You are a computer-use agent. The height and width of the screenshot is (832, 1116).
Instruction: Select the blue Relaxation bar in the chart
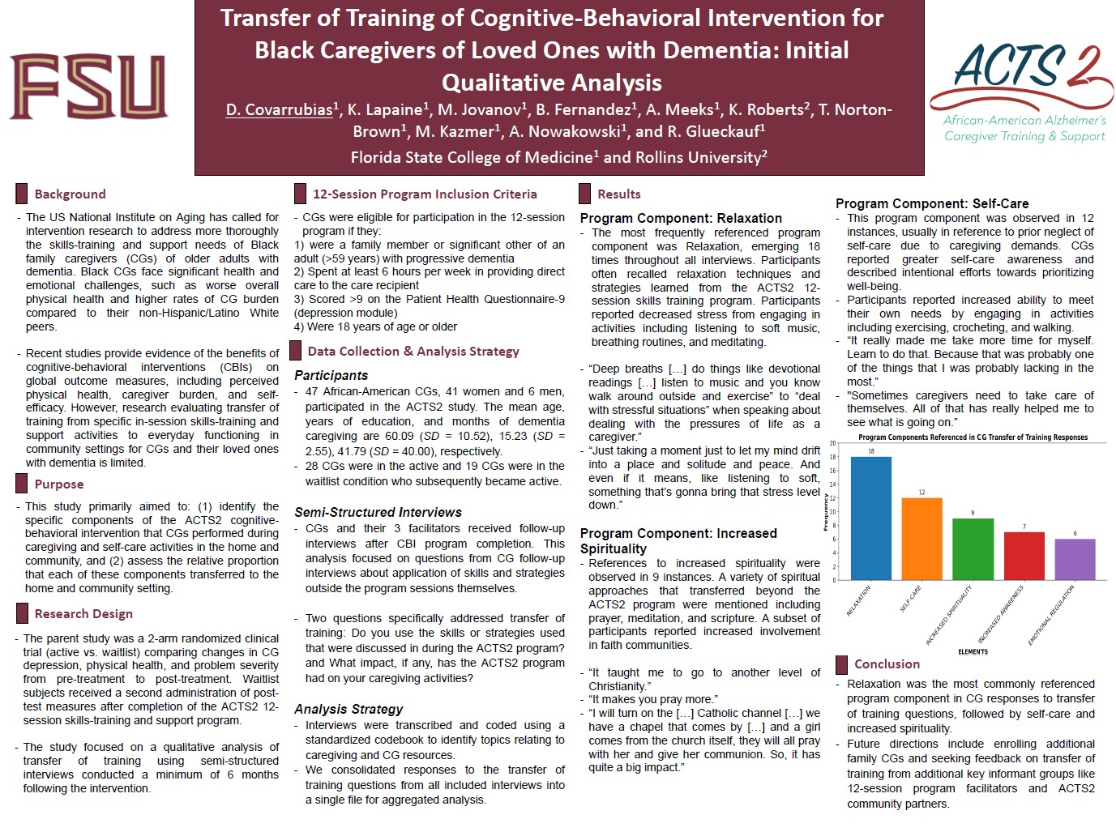(x=870, y=518)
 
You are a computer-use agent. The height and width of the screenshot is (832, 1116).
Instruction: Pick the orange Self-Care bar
(x=921, y=539)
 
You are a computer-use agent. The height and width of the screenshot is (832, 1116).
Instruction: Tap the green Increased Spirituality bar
(x=973, y=549)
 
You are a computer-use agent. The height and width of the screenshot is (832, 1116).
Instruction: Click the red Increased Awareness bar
(x=1024, y=556)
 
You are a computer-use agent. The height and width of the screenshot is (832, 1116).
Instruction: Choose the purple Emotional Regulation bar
(x=1075, y=559)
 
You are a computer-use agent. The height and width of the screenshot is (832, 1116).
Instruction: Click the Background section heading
(x=70, y=194)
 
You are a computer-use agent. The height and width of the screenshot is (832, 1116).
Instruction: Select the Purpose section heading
(x=58, y=484)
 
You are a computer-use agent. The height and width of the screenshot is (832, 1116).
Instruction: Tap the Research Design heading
(x=83, y=614)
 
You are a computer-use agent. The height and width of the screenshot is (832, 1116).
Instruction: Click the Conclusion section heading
(x=887, y=664)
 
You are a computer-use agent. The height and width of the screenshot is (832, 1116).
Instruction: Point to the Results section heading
(x=618, y=194)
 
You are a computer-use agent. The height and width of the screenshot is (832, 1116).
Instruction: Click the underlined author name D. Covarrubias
(x=279, y=109)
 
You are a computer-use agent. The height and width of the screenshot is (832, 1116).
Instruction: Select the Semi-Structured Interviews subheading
(x=378, y=512)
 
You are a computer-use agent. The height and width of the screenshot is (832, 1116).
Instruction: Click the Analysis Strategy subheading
(x=348, y=709)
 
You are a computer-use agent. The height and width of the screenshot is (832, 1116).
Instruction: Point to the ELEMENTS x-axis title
(x=973, y=651)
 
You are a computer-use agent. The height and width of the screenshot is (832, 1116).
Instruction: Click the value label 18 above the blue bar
(x=871, y=451)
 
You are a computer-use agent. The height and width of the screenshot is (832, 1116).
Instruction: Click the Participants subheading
(x=331, y=375)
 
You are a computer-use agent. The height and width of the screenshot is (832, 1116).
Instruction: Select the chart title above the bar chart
(x=973, y=437)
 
